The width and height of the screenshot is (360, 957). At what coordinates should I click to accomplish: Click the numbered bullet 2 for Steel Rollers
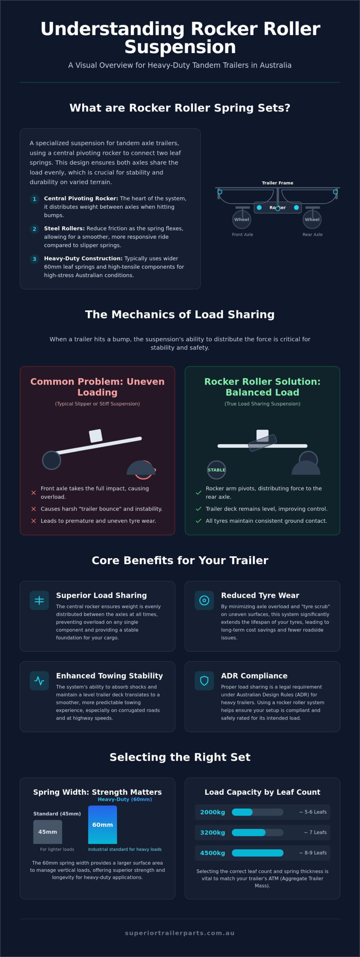point(34,229)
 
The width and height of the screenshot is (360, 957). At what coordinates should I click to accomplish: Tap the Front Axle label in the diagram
point(243,234)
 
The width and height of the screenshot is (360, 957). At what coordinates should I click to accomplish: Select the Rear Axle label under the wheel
point(313,234)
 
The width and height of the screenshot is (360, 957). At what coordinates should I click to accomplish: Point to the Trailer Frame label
point(277,183)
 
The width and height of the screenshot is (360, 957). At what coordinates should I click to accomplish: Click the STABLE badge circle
point(216,470)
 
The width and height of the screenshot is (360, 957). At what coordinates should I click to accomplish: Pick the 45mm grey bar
point(48,832)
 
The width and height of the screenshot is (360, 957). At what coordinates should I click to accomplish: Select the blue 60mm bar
point(102,825)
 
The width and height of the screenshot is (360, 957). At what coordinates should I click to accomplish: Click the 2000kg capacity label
point(212,812)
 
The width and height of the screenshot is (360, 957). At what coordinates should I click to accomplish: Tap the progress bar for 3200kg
point(258,833)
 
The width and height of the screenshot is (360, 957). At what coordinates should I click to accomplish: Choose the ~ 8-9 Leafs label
point(313,853)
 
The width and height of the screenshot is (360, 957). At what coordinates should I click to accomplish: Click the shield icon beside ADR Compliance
point(204,681)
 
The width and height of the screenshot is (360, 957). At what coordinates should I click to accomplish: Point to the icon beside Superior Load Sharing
point(39,600)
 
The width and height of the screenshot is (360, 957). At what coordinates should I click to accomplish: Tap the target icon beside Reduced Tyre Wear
point(204,600)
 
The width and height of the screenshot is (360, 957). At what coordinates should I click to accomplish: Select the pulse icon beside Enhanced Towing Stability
point(39,681)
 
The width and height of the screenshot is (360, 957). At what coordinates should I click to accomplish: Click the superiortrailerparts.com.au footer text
point(180,933)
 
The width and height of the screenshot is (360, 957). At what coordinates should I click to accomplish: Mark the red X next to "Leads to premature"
point(34,521)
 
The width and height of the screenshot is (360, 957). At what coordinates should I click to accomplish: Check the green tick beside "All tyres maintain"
point(199,521)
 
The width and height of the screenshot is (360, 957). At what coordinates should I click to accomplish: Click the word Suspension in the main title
point(180,47)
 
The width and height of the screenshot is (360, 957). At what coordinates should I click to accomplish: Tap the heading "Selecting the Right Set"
point(180,757)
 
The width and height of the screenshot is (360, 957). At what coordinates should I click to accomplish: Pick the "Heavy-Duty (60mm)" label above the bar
point(125,799)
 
